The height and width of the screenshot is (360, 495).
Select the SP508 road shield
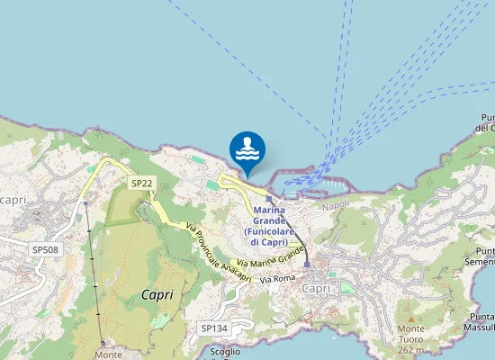point(45,249)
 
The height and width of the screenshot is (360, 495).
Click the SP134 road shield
point(214,328)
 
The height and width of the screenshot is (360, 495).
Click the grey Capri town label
point(316,288)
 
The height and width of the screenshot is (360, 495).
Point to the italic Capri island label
point(157,294)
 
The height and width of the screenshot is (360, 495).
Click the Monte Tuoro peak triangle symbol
point(410,318)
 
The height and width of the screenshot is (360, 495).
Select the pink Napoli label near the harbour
point(336,206)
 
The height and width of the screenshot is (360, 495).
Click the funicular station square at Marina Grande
point(268,199)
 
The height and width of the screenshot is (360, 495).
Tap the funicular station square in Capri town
point(307,265)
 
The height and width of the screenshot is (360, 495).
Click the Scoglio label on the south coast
point(225,352)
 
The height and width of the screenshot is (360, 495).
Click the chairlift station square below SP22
point(85,203)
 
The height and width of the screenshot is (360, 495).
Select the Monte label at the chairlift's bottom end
point(108,354)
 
